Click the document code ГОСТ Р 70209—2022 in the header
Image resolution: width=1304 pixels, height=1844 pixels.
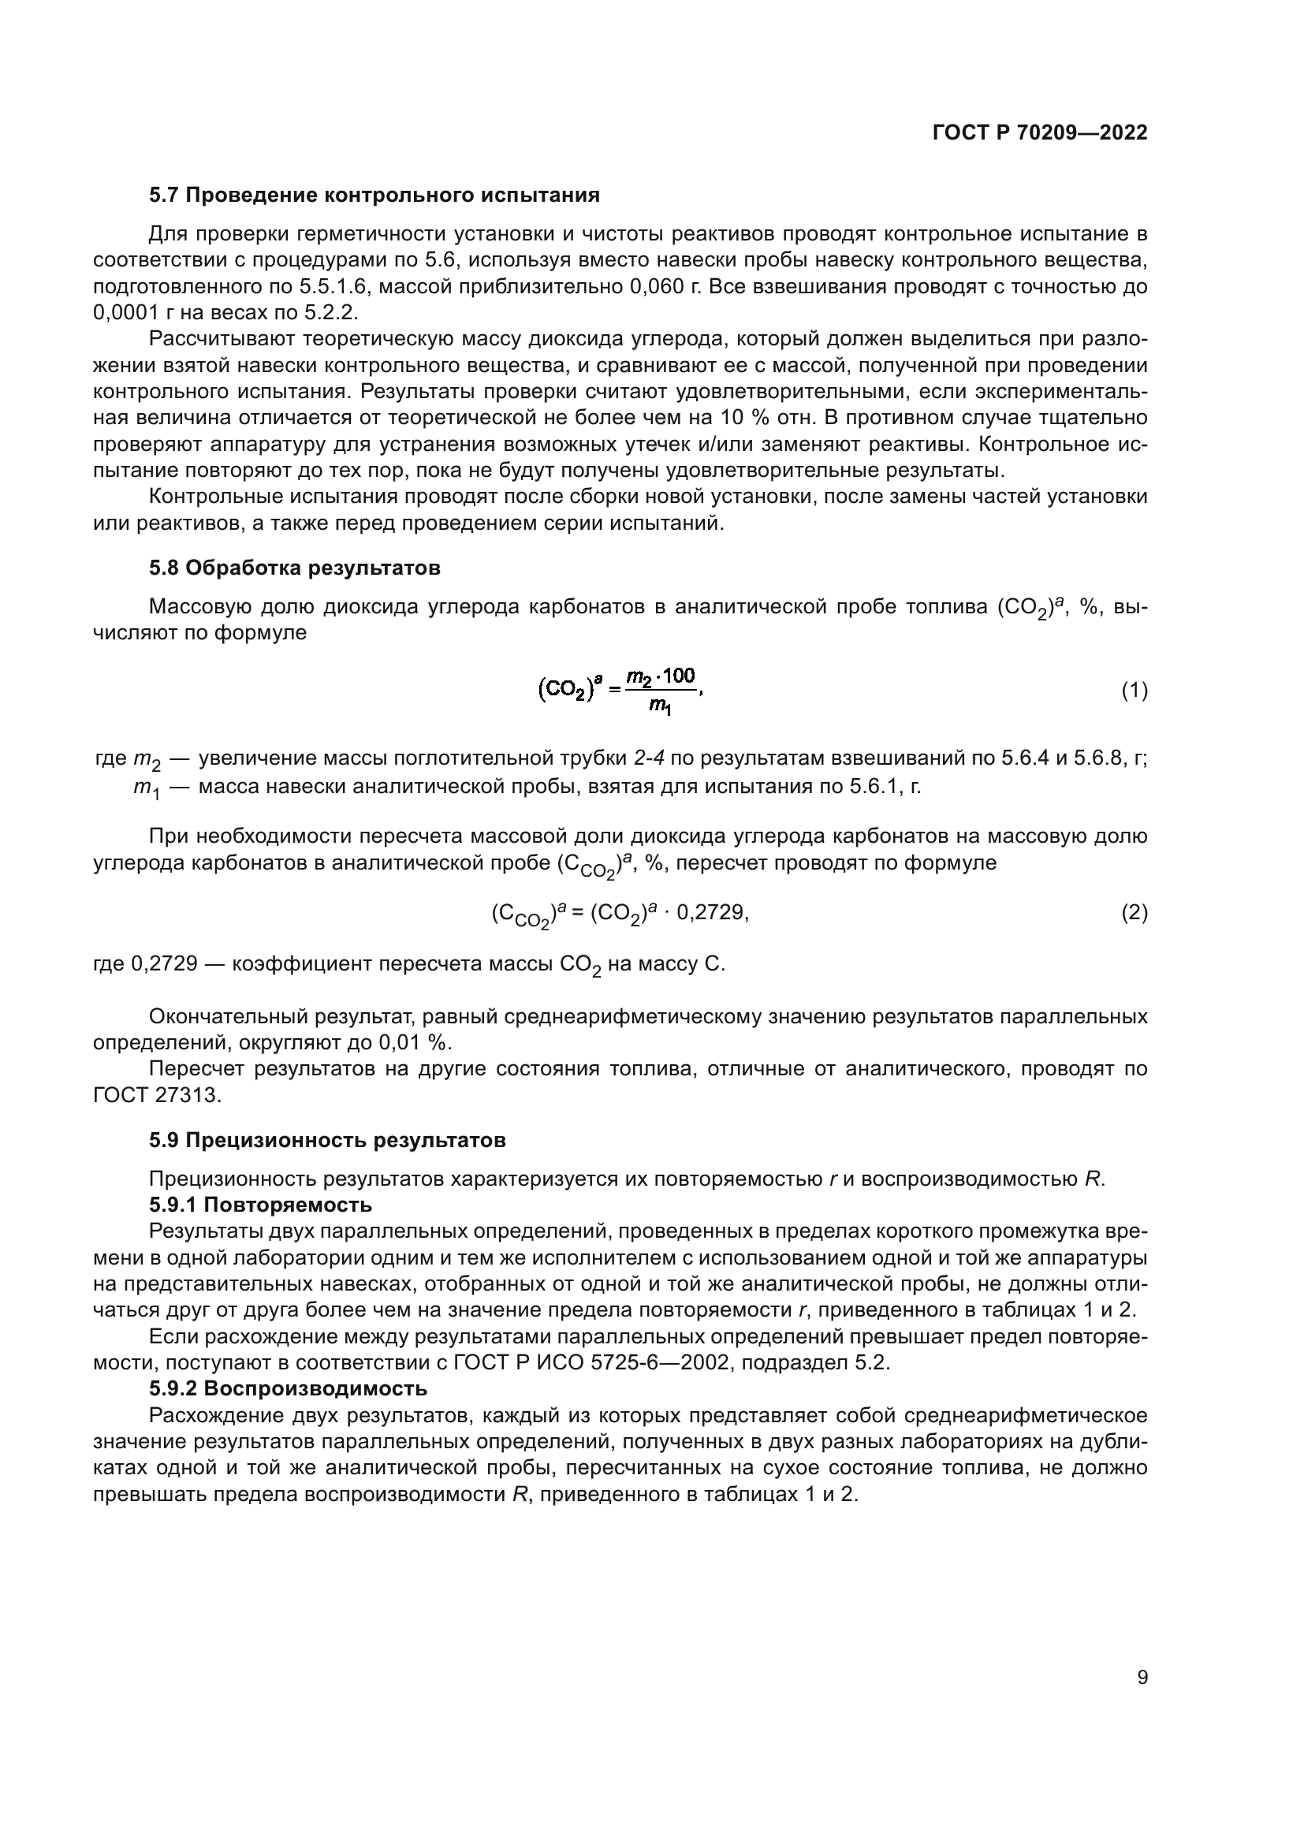[x=1039, y=133]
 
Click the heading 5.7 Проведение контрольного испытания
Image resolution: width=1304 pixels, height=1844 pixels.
[x=374, y=196]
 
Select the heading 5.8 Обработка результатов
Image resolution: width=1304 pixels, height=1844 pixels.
[x=295, y=568]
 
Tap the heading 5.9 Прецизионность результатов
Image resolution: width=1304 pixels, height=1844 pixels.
[x=327, y=1140]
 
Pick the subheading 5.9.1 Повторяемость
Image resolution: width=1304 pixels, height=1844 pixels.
[x=260, y=1205]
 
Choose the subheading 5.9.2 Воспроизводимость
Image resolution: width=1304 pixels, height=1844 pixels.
[x=288, y=1388]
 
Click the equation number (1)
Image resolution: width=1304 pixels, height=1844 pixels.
[x=1134, y=691]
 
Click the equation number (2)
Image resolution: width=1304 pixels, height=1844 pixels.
[x=1134, y=912]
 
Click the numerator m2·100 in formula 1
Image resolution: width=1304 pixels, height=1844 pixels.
[x=660, y=676]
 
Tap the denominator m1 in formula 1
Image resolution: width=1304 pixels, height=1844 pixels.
[x=660, y=706]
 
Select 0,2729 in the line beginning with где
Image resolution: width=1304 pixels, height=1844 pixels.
[x=164, y=963]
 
